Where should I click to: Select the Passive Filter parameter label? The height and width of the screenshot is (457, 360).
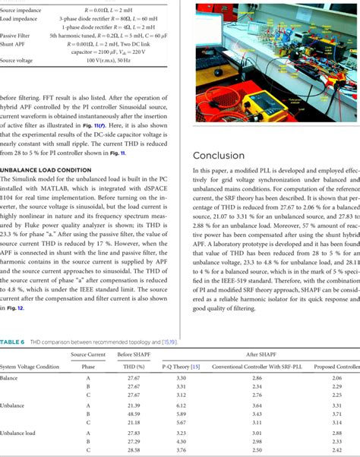point(15,35)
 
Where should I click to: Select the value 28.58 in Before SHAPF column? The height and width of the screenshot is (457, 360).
point(134,448)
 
